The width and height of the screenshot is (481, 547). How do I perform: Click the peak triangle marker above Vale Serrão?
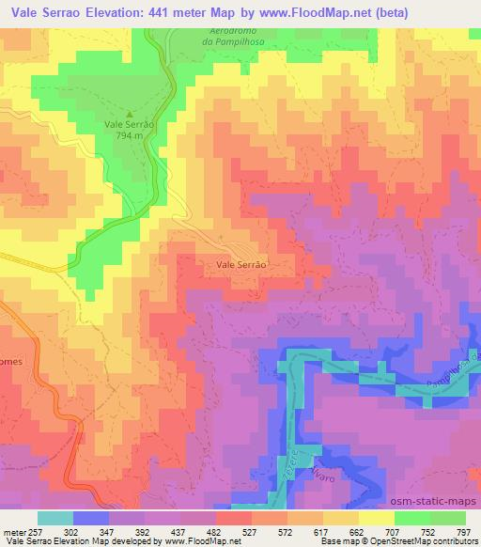pyautogui.click(x=130, y=114)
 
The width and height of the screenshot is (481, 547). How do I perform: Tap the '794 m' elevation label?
pyautogui.click(x=129, y=135)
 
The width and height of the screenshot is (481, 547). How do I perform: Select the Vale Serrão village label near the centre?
pyautogui.click(x=242, y=266)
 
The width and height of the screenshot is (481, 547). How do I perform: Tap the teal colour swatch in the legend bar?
pyautogui.click(x=54, y=518)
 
